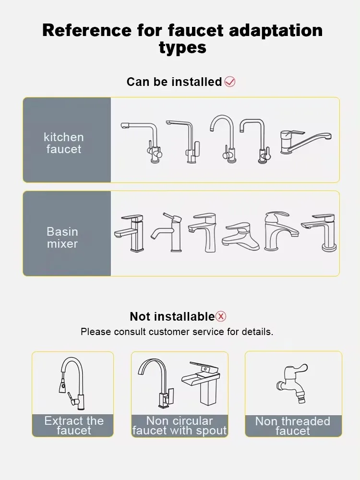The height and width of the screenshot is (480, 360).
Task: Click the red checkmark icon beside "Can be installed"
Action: [230, 82]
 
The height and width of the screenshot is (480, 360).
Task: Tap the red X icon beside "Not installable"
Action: [221, 316]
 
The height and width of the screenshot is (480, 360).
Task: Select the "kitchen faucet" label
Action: [64, 143]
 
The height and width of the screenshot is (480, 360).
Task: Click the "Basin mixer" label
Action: [62, 238]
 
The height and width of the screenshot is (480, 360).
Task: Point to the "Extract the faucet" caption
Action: [74, 425]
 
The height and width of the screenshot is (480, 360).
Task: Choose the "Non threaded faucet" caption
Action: [293, 426]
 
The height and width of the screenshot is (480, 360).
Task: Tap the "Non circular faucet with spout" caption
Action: [180, 426]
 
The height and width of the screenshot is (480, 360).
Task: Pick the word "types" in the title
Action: [182, 47]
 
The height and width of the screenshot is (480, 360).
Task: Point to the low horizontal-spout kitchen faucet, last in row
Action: [305, 141]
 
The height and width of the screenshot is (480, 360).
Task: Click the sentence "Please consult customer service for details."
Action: [177, 332]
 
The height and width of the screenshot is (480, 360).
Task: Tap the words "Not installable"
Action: [172, 316]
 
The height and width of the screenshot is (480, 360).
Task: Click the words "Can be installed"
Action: [174, 82]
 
